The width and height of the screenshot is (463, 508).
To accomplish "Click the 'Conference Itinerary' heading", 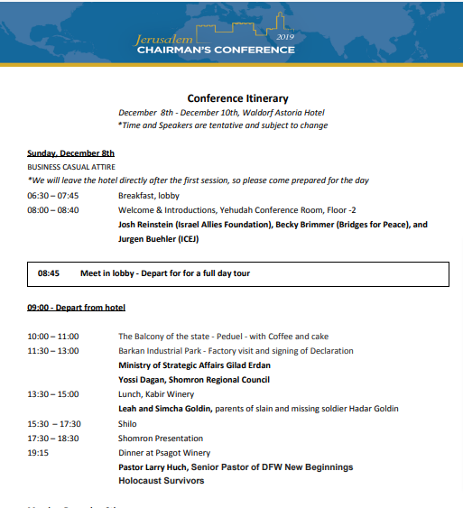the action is (237, 98).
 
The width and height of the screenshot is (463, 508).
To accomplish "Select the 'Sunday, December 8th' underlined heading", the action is (70, 153).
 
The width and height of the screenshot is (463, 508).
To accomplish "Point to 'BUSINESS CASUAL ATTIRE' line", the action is (69, 167).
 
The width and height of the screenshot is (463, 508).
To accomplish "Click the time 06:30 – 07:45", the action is (52, 195).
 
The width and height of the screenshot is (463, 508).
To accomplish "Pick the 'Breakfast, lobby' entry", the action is (148, 195).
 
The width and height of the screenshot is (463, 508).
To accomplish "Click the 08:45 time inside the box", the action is (49, 272).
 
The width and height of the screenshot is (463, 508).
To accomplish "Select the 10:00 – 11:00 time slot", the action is (52, 337).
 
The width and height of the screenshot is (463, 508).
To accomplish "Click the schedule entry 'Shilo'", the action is (128, 423).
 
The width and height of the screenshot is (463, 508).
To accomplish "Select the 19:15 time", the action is (38, 452).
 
